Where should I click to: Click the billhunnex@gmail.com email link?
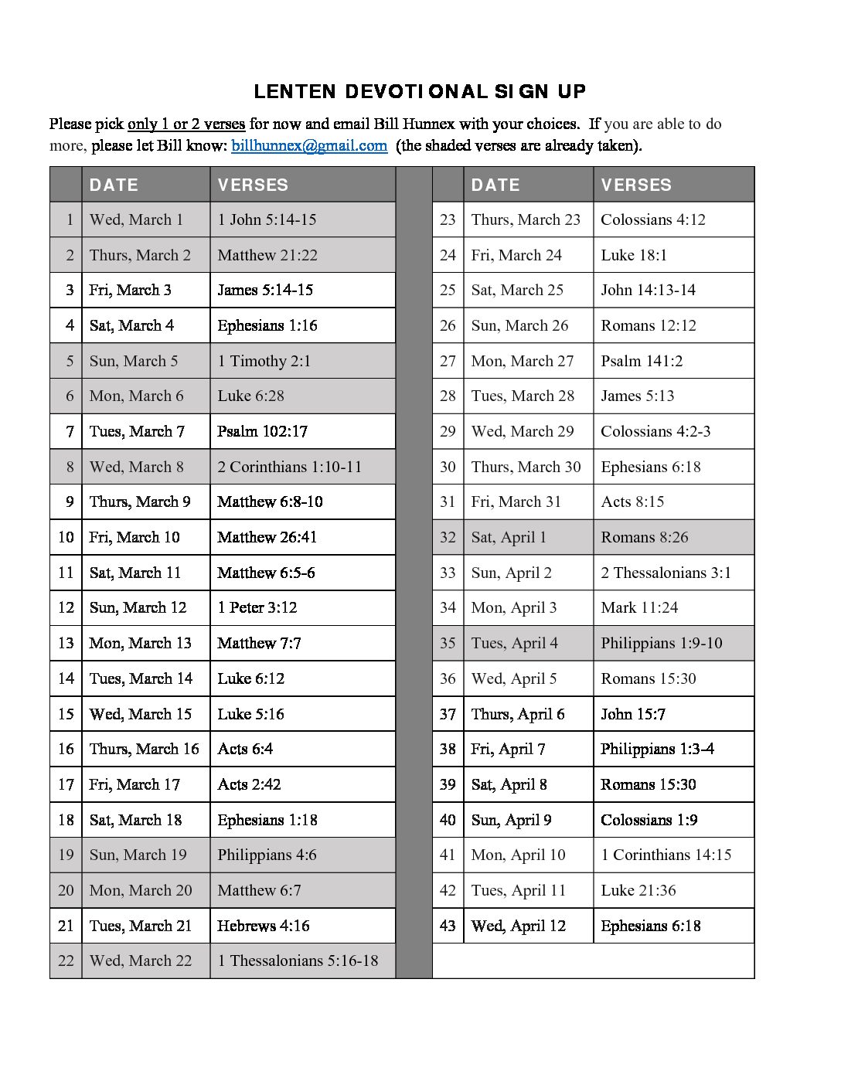click(309, 145)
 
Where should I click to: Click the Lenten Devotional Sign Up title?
click(420, 91)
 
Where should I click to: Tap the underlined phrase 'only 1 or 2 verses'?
click(186, 124)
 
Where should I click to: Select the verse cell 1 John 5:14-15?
click(267, 219)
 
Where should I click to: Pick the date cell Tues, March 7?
click(137, 431)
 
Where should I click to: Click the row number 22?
click(66, 960)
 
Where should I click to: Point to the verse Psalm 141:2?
click(642, 361)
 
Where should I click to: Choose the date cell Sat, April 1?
click(509, 537)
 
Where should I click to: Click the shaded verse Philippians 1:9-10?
click(661, 643)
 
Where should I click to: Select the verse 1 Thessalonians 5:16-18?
click(298, 960)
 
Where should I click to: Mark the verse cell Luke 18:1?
click(634, 255)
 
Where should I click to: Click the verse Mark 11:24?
click(639, 607)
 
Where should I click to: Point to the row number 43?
click(448, 926)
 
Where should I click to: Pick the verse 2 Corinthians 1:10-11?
click(289, 467)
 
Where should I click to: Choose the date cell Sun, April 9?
click(511, 820)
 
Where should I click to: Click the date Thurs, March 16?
click(144, 749)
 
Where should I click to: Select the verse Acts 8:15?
click(632, 501)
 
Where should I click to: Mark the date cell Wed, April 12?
click(518, 926)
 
